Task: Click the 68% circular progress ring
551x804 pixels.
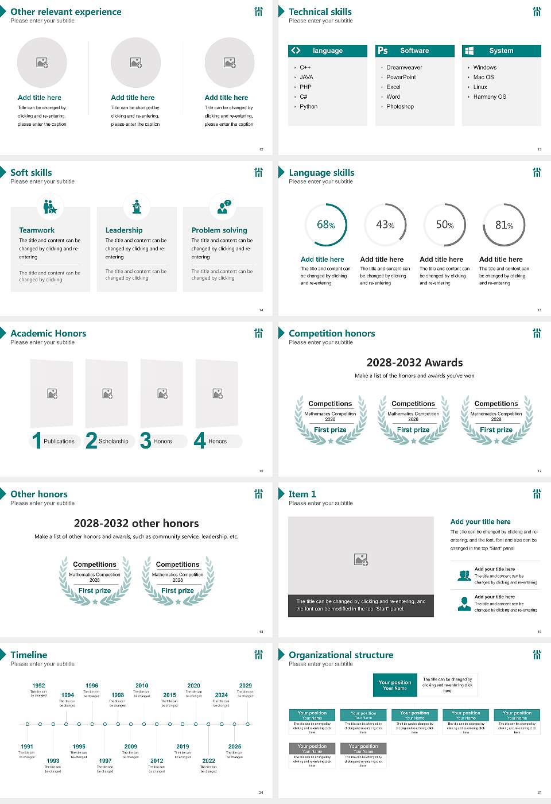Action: click(x=326, y=225)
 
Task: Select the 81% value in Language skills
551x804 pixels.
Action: click(x=504, y=225)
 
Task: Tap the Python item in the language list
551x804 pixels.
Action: click(x=308, y=107)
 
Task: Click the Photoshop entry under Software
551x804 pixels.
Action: click(x=400, y=107)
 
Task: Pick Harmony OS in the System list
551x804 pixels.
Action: click(x=490, y=97)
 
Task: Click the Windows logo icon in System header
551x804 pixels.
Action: click(x=469, y=51)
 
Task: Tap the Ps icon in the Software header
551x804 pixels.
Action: click(x=383, y=51)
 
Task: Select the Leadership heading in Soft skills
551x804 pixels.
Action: click(x=124, y=230)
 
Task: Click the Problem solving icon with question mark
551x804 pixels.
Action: click(x=223, y=207)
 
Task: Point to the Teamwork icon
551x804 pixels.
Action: click(x=50, y=207)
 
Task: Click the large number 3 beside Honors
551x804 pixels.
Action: click(x=146, y=440)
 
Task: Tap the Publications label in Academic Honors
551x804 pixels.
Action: click(x=59, y=442)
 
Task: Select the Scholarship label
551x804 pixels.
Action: click(x=113, y=442)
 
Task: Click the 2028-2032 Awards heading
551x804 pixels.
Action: click(x=414, y=363)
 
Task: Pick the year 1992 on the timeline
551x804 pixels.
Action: click(x=38, y=686)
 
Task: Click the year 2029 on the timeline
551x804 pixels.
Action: click(x=245, y=686)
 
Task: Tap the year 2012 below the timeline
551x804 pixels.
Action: click(x=157, y=761)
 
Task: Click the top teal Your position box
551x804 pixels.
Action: click(x=395, y=685)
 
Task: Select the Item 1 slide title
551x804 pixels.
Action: click(x=302, y=494)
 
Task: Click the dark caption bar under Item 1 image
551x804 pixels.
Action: click(x=360, y=605)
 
